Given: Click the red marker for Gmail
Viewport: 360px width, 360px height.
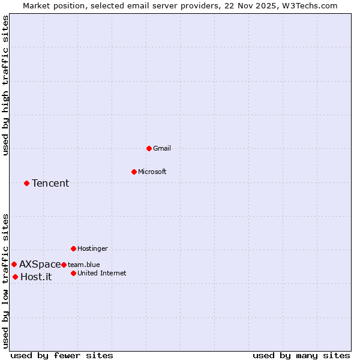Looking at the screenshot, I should [149, 148].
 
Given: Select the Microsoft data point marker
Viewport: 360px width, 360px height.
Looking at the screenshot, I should [134, 172].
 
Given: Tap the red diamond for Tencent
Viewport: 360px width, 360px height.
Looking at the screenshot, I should [26, 183].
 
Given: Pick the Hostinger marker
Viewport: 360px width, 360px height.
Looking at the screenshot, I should [73, 248].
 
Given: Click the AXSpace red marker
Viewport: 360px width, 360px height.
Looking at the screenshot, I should [14, 264].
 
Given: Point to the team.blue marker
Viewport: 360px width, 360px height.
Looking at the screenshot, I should [64, 265].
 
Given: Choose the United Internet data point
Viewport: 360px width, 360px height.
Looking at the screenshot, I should [73, 273].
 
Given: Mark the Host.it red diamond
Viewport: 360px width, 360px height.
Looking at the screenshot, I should [15, 277].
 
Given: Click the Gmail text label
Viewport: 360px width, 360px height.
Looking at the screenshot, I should [162, 148].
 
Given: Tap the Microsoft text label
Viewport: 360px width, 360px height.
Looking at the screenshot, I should [152, 172].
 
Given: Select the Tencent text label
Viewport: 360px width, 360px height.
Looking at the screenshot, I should [50, 183].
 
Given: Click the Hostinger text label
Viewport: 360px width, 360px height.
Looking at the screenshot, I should [92, 248].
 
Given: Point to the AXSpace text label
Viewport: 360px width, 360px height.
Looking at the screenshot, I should [40, 264].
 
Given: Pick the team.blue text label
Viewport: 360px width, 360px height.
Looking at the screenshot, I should [84, 265].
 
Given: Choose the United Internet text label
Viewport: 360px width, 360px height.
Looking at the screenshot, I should [102, 273].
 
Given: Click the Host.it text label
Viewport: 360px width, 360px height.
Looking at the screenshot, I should [36, 277].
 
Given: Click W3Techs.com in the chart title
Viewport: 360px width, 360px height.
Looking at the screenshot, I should [311, 5].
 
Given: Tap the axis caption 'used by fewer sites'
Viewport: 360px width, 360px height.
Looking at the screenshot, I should [62, 355].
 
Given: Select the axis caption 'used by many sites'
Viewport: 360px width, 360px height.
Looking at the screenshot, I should [301, 355].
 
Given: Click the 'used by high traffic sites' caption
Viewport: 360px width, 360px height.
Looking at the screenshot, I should [5, 85].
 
